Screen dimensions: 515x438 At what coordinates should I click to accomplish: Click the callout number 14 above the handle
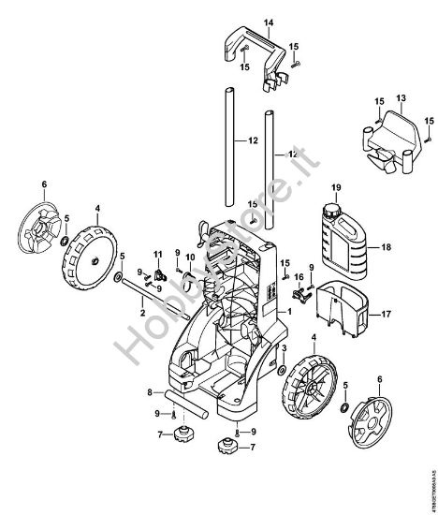point(268,22)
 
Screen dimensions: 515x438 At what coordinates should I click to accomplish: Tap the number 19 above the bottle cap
point(336,188)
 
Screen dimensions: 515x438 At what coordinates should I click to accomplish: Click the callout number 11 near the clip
point(158,254)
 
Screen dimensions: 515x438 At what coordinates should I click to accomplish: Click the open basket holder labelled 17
point(343,308)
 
